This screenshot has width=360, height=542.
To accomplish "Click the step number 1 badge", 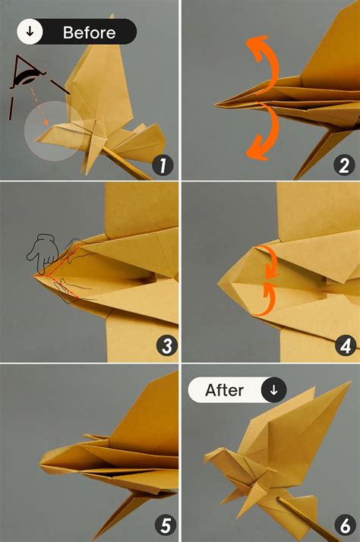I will coord(161,165).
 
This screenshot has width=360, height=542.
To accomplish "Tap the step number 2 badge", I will coord(344,165).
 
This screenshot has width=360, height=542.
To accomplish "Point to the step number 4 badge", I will coord(346,346).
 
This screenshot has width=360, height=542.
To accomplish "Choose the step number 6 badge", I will coord(346,525).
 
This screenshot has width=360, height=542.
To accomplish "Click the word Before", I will coord(89,33).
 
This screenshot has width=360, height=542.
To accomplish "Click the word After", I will coord(225,390).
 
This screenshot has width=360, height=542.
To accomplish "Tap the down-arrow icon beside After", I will coord(274,390).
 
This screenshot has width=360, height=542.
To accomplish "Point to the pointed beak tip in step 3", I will coord(33,276).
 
